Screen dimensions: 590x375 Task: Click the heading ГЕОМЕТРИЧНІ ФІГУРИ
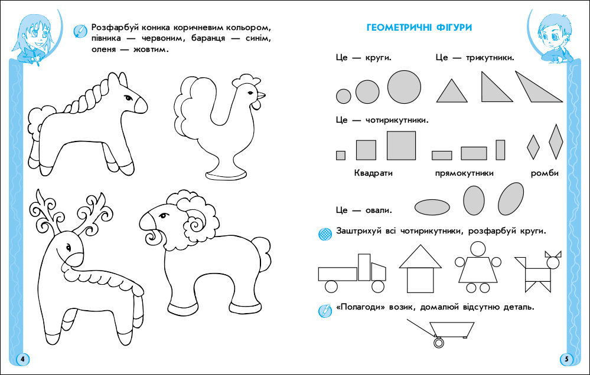tap(419, 28)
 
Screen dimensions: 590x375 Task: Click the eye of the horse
tap(128, 98)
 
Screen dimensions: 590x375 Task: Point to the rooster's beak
tap(261, 94)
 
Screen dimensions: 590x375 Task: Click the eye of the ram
tap(163, 216)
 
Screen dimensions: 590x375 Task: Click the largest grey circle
tap(404, 87)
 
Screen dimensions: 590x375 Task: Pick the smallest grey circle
tap(343, 96)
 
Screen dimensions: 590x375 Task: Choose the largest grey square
tap(401, 146)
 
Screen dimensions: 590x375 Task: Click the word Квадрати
tap(373, 173)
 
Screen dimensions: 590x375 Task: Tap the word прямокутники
tap(464, 173)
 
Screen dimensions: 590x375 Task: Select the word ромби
tap(545, 173)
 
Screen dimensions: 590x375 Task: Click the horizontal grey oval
tap(432, 207)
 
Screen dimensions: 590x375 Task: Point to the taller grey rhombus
tap(556, 142)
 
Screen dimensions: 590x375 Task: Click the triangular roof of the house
tap(421, 257)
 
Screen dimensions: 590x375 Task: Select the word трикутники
tap(490, 58)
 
